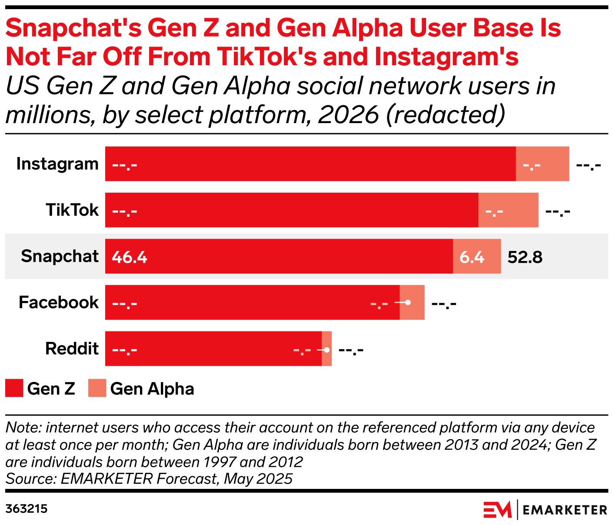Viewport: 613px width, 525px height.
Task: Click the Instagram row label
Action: (x=57, y=164)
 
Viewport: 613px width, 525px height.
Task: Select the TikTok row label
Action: (x=72, y=210)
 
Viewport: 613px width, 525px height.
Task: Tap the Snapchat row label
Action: (x=60, y=256)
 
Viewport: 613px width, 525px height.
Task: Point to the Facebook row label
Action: (x=59, y=302)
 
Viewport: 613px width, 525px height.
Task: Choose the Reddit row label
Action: (x=72, y=348)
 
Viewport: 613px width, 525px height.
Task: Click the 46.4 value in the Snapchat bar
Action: (x=130, y=257)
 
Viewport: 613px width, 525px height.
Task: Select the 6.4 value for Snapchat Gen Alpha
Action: (x=472, y=257)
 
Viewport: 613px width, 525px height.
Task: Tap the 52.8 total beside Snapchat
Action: (x=525, y=257)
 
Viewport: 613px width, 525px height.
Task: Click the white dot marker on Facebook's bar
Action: (x=408, y=302)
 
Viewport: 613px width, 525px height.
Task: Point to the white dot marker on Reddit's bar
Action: (x=327, y=350)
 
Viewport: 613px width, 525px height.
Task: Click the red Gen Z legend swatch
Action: (x=14, y=388)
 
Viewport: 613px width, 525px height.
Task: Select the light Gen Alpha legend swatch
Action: (x=97, y=388)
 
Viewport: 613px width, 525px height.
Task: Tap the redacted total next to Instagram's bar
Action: (x=588, y=165)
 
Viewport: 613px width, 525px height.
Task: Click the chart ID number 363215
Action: (x=27, y=509)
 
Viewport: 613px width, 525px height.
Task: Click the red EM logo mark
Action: (x=497, y=510)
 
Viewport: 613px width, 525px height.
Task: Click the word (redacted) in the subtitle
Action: (x=445, y=114)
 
